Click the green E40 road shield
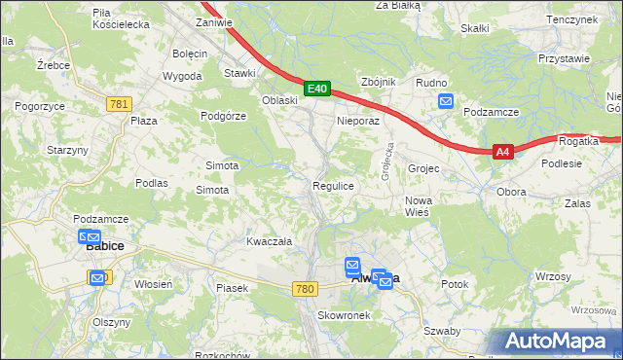pyautogui.click(x=316, y=89)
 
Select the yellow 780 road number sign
pyautogui.click(x=306, y=289)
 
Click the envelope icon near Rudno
pyautogui.click(x=446, y=101)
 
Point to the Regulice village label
pyautogui.click(x=332, y=185)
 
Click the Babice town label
pyautogui.click(x=104, y=247)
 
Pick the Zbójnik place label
pyautogui.click(x=378, y=83)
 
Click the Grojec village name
pyautogui.click(x=424, y=168)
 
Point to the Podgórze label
pyautogui.click(x=224, y=115)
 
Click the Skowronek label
pyautogui.click(x=340, y=316)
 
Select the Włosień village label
pyautogui.click(x=154, y=283)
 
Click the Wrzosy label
pyautogui.click(x=552, y=277)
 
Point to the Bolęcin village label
pyautogui.click(x=191, y=53)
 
